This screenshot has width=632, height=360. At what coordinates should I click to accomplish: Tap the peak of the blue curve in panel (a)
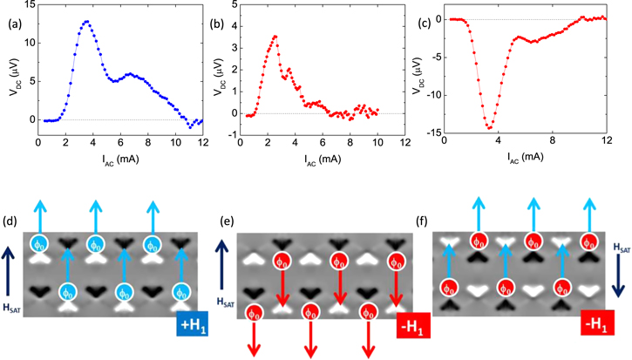[x=86, y=21]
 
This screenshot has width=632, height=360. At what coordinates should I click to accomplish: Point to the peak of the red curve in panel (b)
[x=275, y=37]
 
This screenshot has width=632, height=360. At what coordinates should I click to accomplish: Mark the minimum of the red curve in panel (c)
[x=490, y=128]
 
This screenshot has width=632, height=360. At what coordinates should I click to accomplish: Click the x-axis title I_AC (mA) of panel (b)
[x=323, y=160]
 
